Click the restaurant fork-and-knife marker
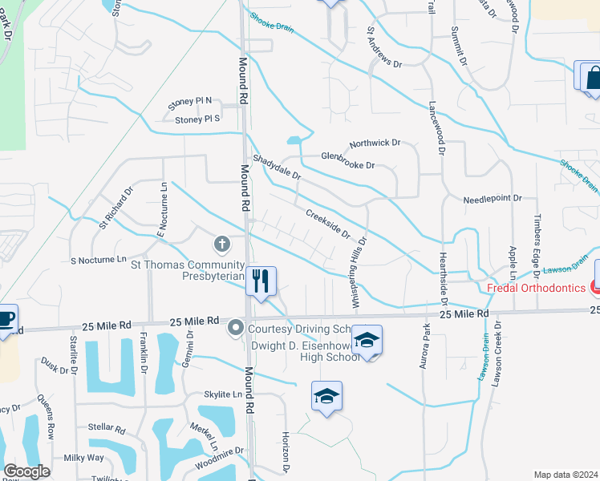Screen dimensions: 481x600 260,281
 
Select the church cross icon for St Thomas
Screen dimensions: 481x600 222,243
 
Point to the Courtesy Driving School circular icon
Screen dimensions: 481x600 236,327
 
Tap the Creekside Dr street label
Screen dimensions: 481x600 328,224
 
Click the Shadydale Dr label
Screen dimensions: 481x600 277,167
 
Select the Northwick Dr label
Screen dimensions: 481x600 375,143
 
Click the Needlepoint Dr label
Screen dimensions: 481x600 493,198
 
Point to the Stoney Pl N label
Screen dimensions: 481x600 189,102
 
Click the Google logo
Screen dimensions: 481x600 26,471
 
